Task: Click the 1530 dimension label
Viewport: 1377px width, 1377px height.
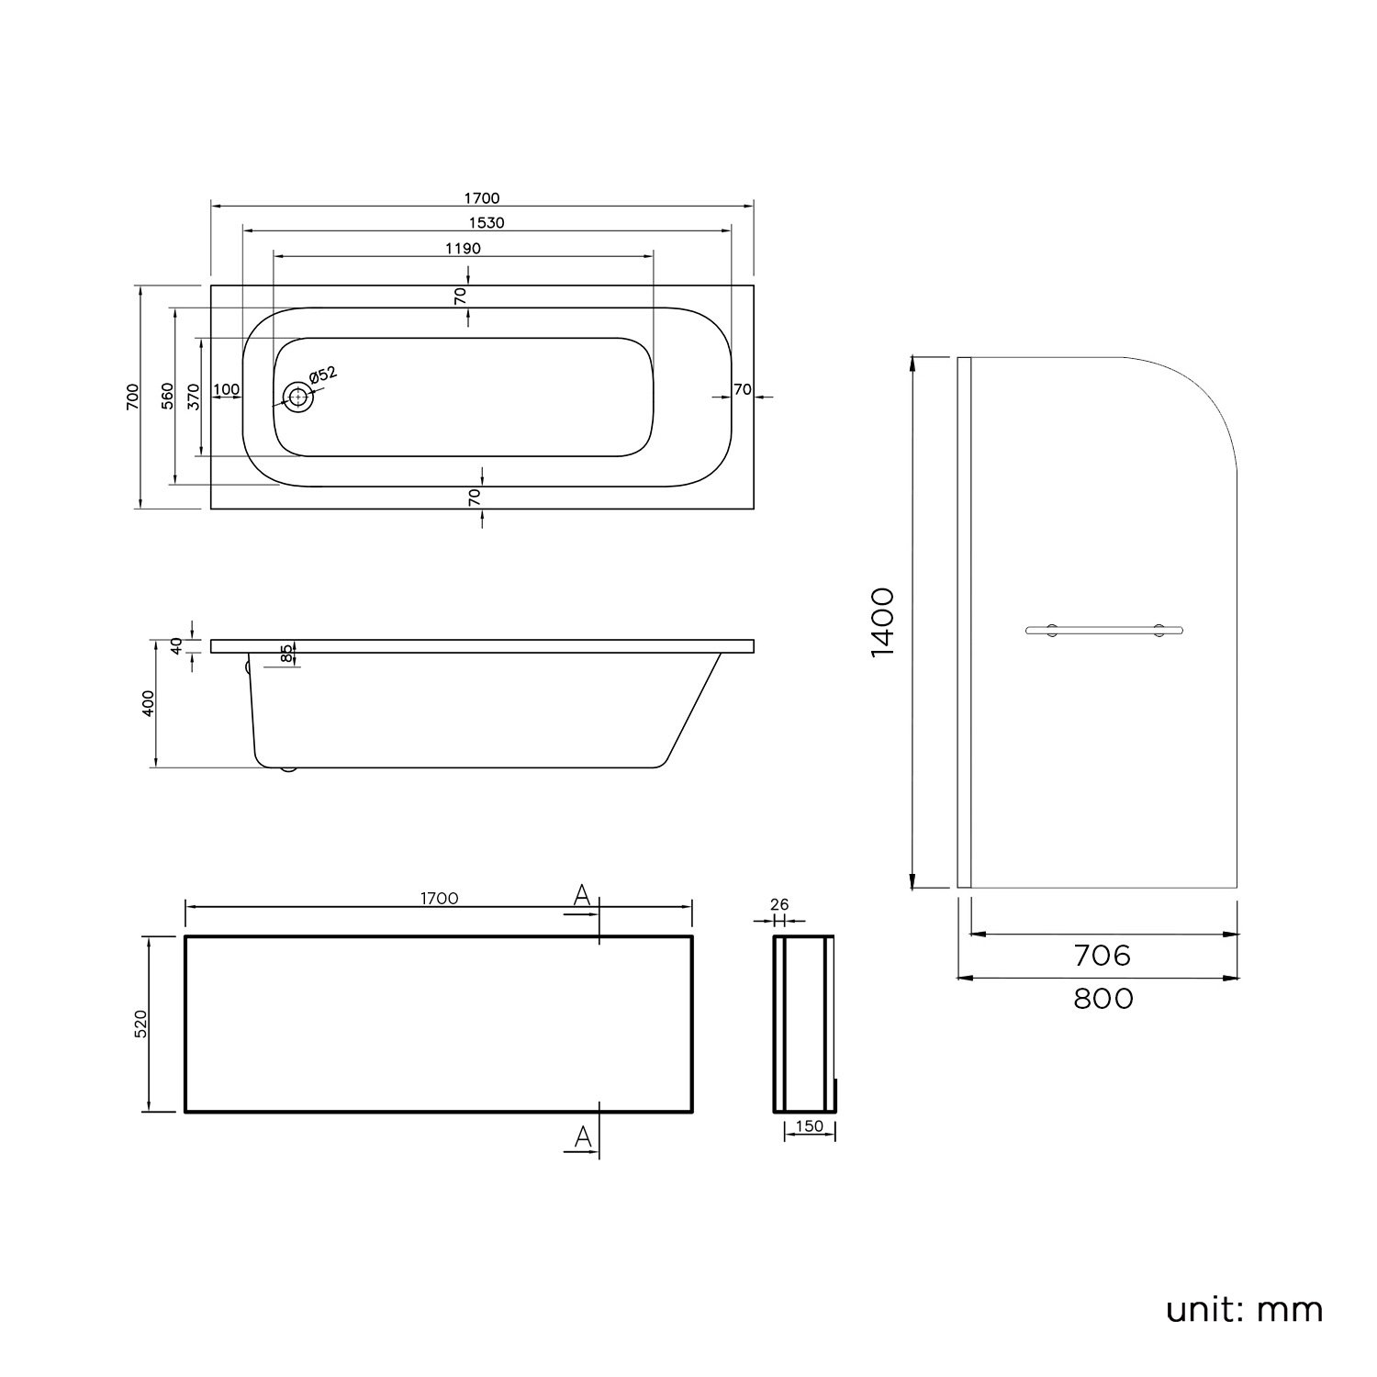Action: point(486,223)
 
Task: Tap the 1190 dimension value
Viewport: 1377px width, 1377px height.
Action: point(463,249)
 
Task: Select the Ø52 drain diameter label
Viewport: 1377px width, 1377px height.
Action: point(322,375)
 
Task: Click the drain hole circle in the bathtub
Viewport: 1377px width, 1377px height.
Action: point(297,397)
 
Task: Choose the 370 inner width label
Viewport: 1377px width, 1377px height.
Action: point(194,396)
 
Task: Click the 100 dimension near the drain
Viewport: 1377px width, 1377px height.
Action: point(226,390)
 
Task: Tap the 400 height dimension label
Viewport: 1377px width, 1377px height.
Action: point(150,703)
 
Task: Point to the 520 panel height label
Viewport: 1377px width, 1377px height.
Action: point(140,1024)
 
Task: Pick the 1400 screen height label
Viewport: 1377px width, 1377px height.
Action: point(882,622)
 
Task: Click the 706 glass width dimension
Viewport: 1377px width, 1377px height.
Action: point(1103,956)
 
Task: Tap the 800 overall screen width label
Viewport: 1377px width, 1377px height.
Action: point(1103,998)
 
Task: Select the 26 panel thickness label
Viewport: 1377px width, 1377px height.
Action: point(780,905)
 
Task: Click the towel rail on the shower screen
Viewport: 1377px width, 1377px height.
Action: point(1103,630)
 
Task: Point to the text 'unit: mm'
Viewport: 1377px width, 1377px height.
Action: point(1245,1309)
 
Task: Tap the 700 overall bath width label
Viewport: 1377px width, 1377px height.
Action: point(133,396)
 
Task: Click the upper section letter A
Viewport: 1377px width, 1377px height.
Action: point(581,896)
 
